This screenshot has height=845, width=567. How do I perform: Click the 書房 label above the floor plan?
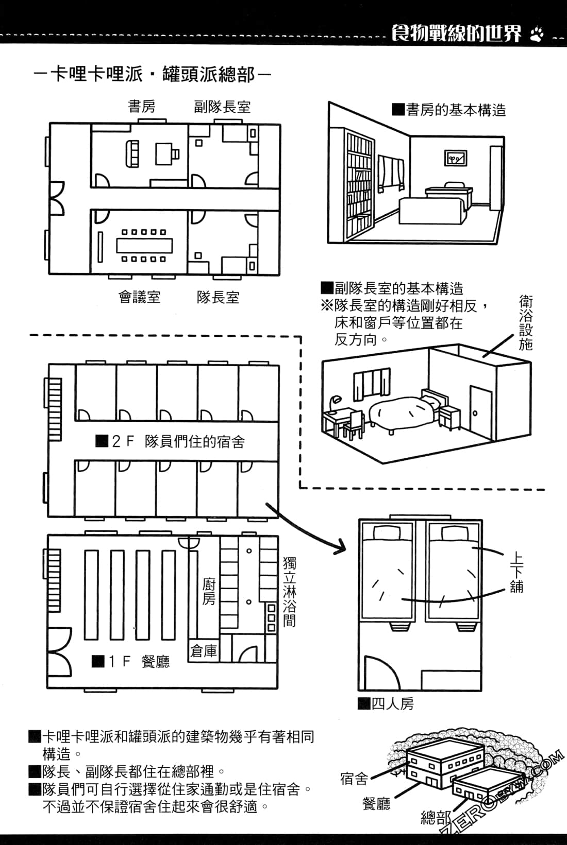(141, 107)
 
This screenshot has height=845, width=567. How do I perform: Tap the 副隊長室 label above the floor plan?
(222, 107)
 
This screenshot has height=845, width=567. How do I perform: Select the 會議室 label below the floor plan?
(139, 297)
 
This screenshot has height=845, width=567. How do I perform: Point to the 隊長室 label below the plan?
(218, 297)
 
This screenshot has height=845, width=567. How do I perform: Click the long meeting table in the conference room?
(142, 246)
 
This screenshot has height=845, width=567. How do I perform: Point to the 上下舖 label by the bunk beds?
(517, 573)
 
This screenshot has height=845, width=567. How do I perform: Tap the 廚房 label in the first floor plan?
(209, 592)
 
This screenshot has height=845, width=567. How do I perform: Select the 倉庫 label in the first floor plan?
(204, 651)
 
